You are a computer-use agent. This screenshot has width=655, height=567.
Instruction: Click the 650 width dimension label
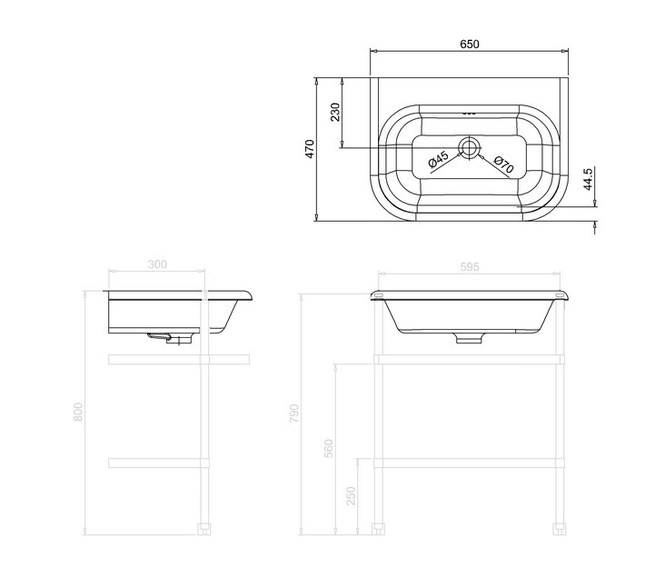[x=470, y=44]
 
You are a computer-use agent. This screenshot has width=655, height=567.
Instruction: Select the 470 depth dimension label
[x=310, y=149]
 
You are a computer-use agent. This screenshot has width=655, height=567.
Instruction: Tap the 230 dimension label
[x=335, y=112]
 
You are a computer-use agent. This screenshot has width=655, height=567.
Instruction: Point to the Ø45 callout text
[x=439, y=159]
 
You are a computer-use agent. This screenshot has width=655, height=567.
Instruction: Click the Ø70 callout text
[x=503, y=164]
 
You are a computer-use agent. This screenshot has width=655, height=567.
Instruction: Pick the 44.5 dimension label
[x=589, y=179]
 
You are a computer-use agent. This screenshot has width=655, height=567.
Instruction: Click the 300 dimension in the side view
[x=157, y=264]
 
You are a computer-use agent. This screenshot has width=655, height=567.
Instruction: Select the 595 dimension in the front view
[x=470, y=266]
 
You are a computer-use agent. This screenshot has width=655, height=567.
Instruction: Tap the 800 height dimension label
[x=78, y=412]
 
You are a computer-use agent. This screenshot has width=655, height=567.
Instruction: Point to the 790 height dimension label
[x=294, y=413]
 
